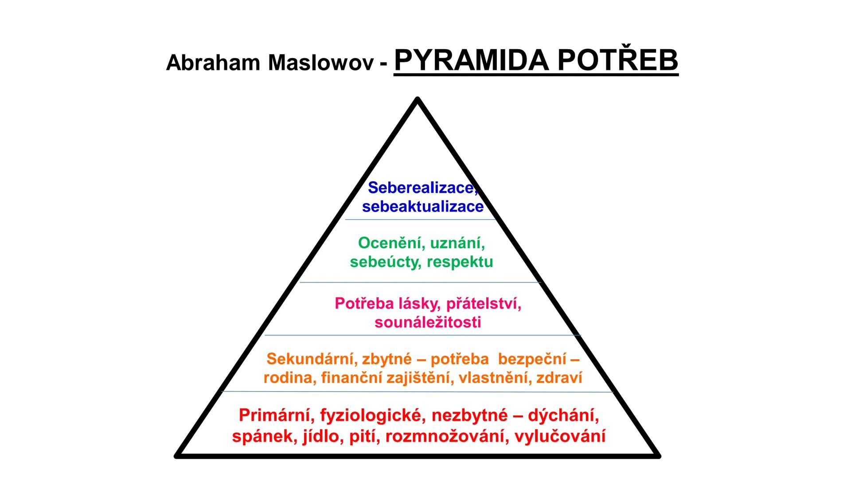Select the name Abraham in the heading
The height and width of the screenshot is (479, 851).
(212, 63)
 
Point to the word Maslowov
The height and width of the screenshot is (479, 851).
(321, 63)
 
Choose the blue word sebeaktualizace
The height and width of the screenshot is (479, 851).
(422, 207)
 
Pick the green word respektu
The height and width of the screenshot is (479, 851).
(460, 262)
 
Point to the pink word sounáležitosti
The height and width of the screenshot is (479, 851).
(428, 322)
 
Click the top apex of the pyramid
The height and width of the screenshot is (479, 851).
(418, 100)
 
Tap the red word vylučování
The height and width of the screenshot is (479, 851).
(560, 436)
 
